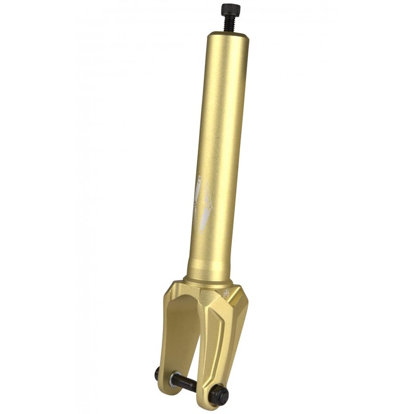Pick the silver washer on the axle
click(175, 378)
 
